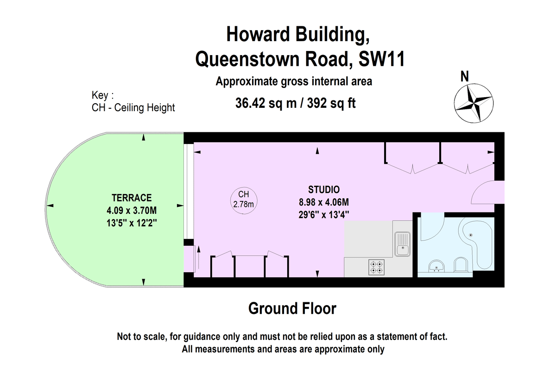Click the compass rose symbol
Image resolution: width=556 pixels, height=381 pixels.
point(474,103)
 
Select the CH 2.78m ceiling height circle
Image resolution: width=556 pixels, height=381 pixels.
point(244,200)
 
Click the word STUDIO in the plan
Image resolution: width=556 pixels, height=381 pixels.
point(324,189)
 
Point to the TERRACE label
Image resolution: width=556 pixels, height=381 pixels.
point(132,198)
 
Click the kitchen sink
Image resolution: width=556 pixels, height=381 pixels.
point(402,244)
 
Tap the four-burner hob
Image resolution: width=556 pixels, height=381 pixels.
point(377,267)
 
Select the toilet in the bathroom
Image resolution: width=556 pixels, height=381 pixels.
point(461,265)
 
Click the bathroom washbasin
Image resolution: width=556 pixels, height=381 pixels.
point(436,266)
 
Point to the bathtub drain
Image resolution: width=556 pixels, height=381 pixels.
point(471,235)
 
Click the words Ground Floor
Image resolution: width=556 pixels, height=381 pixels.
point(292,308)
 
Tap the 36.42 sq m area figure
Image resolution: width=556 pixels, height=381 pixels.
point(266,103)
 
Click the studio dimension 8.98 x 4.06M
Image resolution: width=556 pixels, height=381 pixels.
point(324,202)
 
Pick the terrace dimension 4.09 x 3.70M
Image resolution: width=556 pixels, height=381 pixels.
point(132,211)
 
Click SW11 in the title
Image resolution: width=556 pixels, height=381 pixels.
point(382,59)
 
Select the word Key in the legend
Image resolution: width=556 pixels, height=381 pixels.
point(100,95)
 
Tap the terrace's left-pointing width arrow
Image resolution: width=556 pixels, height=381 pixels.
point(50,206)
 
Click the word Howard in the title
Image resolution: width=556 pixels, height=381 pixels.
point(258,34)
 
